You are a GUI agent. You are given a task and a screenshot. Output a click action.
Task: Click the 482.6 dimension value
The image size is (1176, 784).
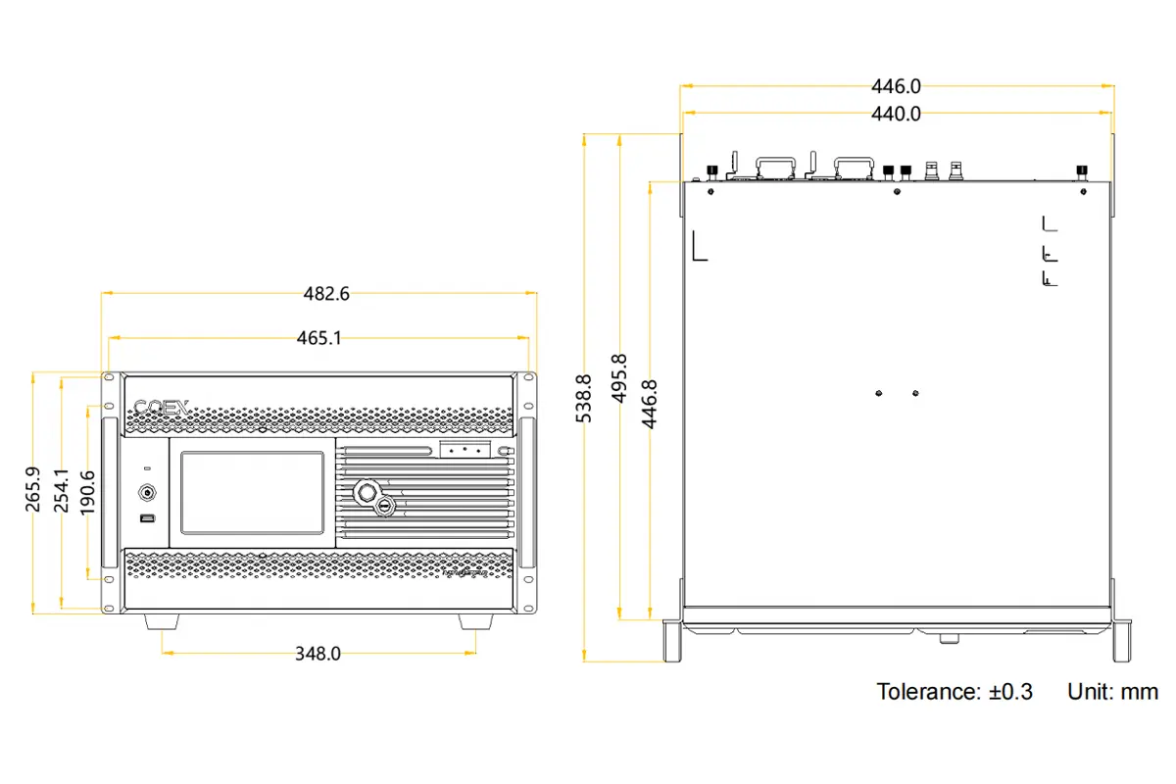[x=319, y=293]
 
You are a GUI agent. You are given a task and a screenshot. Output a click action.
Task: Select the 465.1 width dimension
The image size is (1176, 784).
[x=319, y=338]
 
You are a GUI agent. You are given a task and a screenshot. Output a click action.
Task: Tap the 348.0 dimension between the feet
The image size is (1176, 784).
[x=319, y=654]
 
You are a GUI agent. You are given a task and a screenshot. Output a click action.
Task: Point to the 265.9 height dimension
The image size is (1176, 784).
[x=32, y=489]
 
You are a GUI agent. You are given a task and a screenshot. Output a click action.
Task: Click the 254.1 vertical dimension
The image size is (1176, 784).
[x=61, y=489]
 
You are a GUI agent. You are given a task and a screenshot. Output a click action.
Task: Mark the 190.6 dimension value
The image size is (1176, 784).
[x=88, y=489]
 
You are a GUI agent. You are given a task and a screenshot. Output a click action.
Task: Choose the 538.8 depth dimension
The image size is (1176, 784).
[x=583, y=398]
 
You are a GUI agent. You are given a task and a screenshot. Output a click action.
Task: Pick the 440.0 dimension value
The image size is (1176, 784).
[x=896, y=114]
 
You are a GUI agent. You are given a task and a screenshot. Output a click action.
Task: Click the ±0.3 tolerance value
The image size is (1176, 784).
[x=1010, y=692]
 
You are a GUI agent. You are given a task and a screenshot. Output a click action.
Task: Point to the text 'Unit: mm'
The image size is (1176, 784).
[x=1112, y=692]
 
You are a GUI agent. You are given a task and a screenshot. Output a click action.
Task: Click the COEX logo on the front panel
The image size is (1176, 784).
[x=161, y=406]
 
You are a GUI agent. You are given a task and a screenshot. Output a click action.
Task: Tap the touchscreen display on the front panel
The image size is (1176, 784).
[x=252, y=493]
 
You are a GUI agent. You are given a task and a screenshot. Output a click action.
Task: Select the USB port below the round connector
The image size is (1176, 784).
[x=147, y=517]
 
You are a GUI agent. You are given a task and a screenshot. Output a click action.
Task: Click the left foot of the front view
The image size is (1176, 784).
[x=162, y=621]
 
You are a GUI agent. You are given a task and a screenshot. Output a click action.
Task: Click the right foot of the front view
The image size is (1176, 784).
[x=476, y=621]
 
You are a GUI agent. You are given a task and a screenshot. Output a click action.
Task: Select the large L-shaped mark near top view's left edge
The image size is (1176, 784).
[x=699, y=246]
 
